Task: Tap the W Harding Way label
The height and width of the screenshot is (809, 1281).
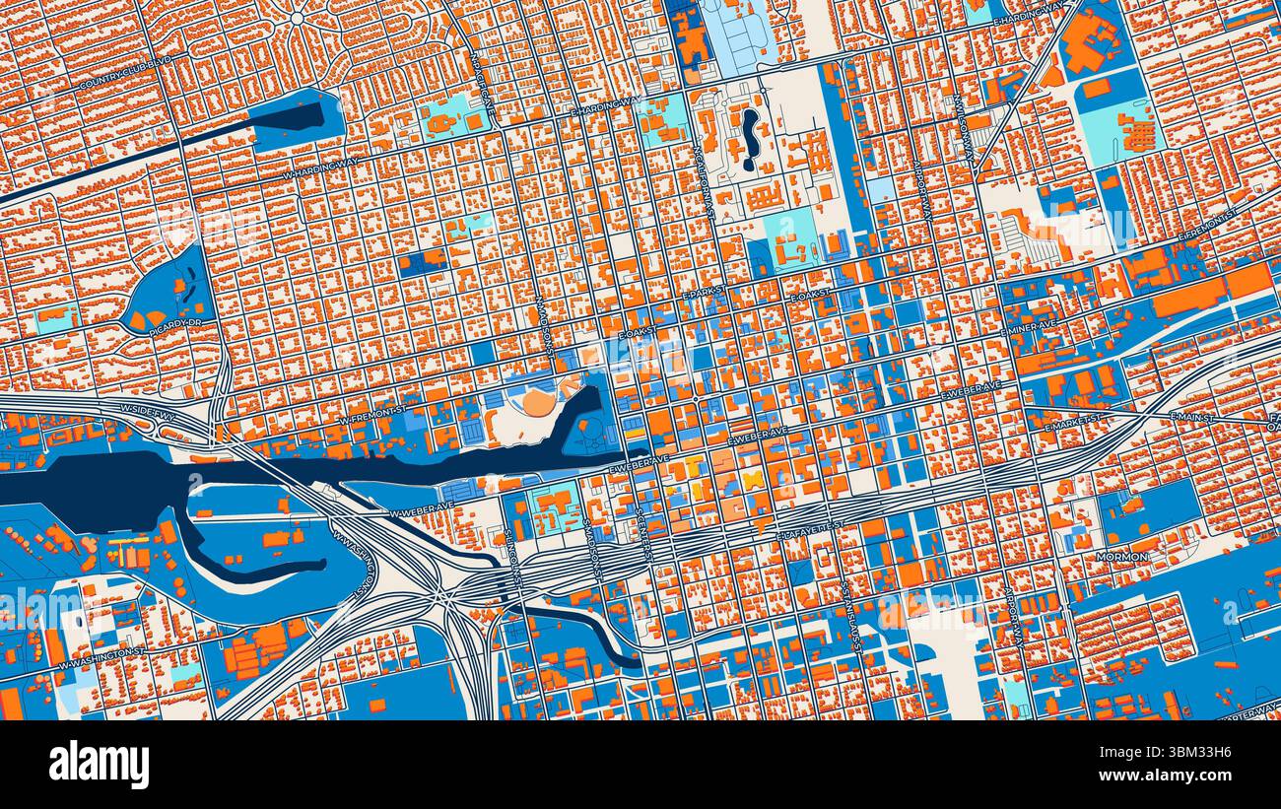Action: coord(320,168)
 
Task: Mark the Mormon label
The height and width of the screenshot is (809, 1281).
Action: coord(1121,557)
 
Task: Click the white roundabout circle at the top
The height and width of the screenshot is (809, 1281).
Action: coord(297,18)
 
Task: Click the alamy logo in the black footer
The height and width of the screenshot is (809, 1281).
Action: coord(99,764)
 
